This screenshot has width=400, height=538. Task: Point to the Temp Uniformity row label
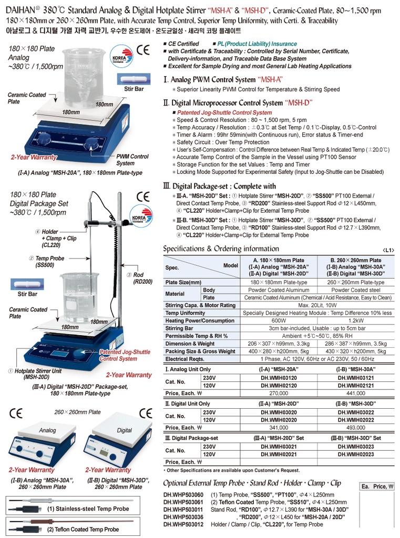tap(186, 313)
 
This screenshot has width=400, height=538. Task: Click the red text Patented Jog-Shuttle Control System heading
tap(224, 112)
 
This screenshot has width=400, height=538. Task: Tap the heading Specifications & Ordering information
tap(221, 249)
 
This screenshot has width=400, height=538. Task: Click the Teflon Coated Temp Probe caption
tap(83, 529)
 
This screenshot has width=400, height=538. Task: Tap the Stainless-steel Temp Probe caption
tap(88, 509)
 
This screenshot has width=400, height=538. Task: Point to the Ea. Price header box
tap(378, 487)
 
